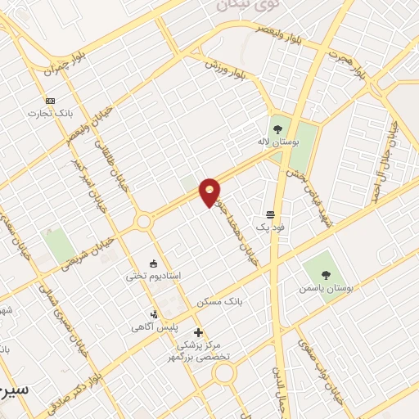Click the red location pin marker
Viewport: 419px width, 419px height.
point(210,191)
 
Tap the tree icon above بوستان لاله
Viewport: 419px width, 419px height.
point(277,128)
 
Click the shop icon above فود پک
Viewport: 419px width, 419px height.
point(269,213)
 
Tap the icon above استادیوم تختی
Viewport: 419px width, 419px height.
point(153,263)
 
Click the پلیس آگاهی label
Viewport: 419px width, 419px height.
point(149,327)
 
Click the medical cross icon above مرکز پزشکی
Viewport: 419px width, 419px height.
point(198,332)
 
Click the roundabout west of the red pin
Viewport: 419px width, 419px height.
point(145,221)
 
